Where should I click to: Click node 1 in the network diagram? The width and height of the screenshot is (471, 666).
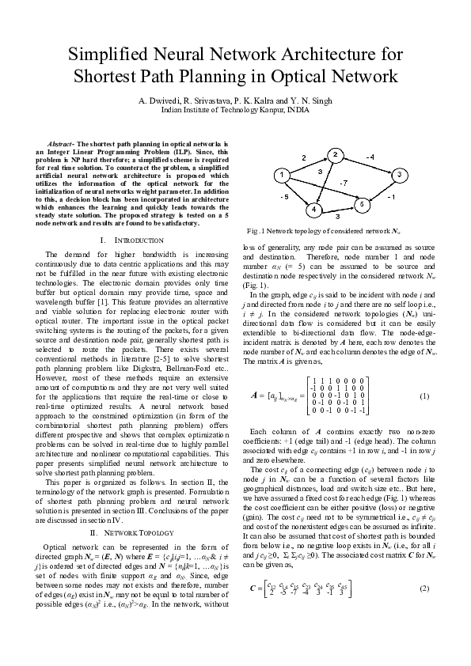point(281,174)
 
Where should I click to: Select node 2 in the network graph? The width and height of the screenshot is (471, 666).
point(336,154)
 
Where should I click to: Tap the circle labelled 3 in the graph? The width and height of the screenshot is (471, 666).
point(401,173)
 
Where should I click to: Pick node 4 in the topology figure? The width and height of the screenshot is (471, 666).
point(314,210)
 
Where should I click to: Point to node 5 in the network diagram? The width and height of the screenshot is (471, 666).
point(361,204)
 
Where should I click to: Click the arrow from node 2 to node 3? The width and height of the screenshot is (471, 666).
point(368,164)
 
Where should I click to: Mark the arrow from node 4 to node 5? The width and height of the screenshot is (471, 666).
point(337,207)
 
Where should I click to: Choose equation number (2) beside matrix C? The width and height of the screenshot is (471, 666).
point(424,566)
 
